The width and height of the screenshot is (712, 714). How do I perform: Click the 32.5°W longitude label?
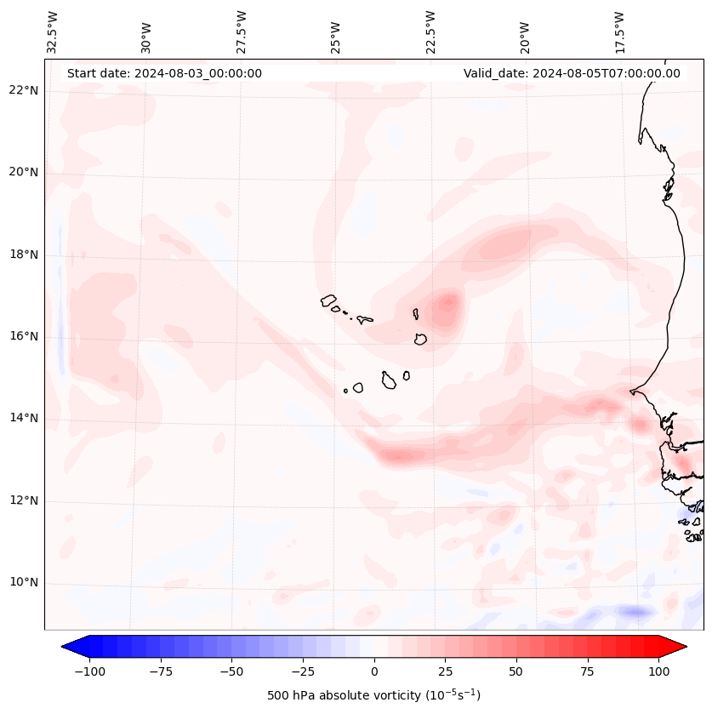tap(53, 32)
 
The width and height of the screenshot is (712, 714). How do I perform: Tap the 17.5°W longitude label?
tap(619, 32)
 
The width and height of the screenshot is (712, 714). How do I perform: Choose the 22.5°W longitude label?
tap(430, 32)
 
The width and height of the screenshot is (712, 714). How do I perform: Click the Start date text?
tap(164, 73)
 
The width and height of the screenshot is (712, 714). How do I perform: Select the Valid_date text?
tap(572, 73)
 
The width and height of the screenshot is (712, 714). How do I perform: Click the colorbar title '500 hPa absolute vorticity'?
tap(373, 695)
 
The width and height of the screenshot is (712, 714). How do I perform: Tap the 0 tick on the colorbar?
tap(374, 671)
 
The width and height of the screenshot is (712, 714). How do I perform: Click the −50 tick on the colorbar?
tap(232, 671)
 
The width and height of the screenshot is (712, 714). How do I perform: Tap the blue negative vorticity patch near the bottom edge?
tap(635, 611)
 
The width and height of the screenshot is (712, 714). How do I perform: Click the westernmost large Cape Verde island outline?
tap(329, 300)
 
